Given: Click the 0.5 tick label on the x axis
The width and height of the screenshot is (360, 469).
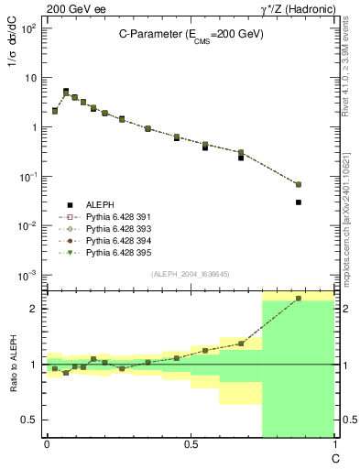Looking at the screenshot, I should pyautogui.click(x=191, y=443).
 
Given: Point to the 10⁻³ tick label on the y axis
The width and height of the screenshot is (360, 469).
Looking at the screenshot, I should pyautogui.click(x=27, y=275).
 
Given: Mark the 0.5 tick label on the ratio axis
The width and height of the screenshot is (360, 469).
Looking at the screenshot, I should pyautogui.click(x=29, y=420).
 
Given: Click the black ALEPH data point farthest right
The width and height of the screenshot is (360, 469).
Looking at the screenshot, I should pyautogui.click(x=299, y=202).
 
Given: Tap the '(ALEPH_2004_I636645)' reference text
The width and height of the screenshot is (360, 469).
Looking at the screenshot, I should pyautogui.click(x=191, y=274).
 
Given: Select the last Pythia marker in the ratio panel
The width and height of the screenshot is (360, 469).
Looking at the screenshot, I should pyautogui.click(x=299, y=299).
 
